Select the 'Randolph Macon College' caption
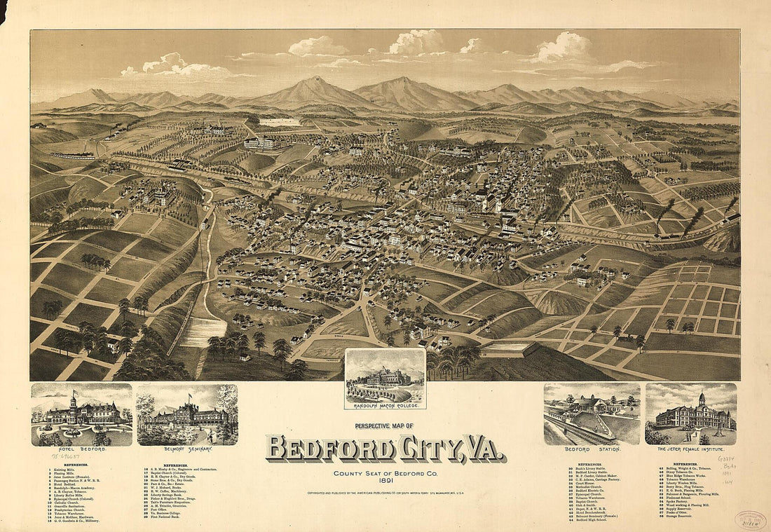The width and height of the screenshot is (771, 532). [385, 405]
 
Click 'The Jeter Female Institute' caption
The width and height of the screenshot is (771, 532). [691, 449]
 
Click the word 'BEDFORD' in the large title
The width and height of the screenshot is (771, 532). [329, 449]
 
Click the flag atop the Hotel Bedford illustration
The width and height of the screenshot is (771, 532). [74, 393]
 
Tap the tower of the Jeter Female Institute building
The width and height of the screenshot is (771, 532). [700, 400]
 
